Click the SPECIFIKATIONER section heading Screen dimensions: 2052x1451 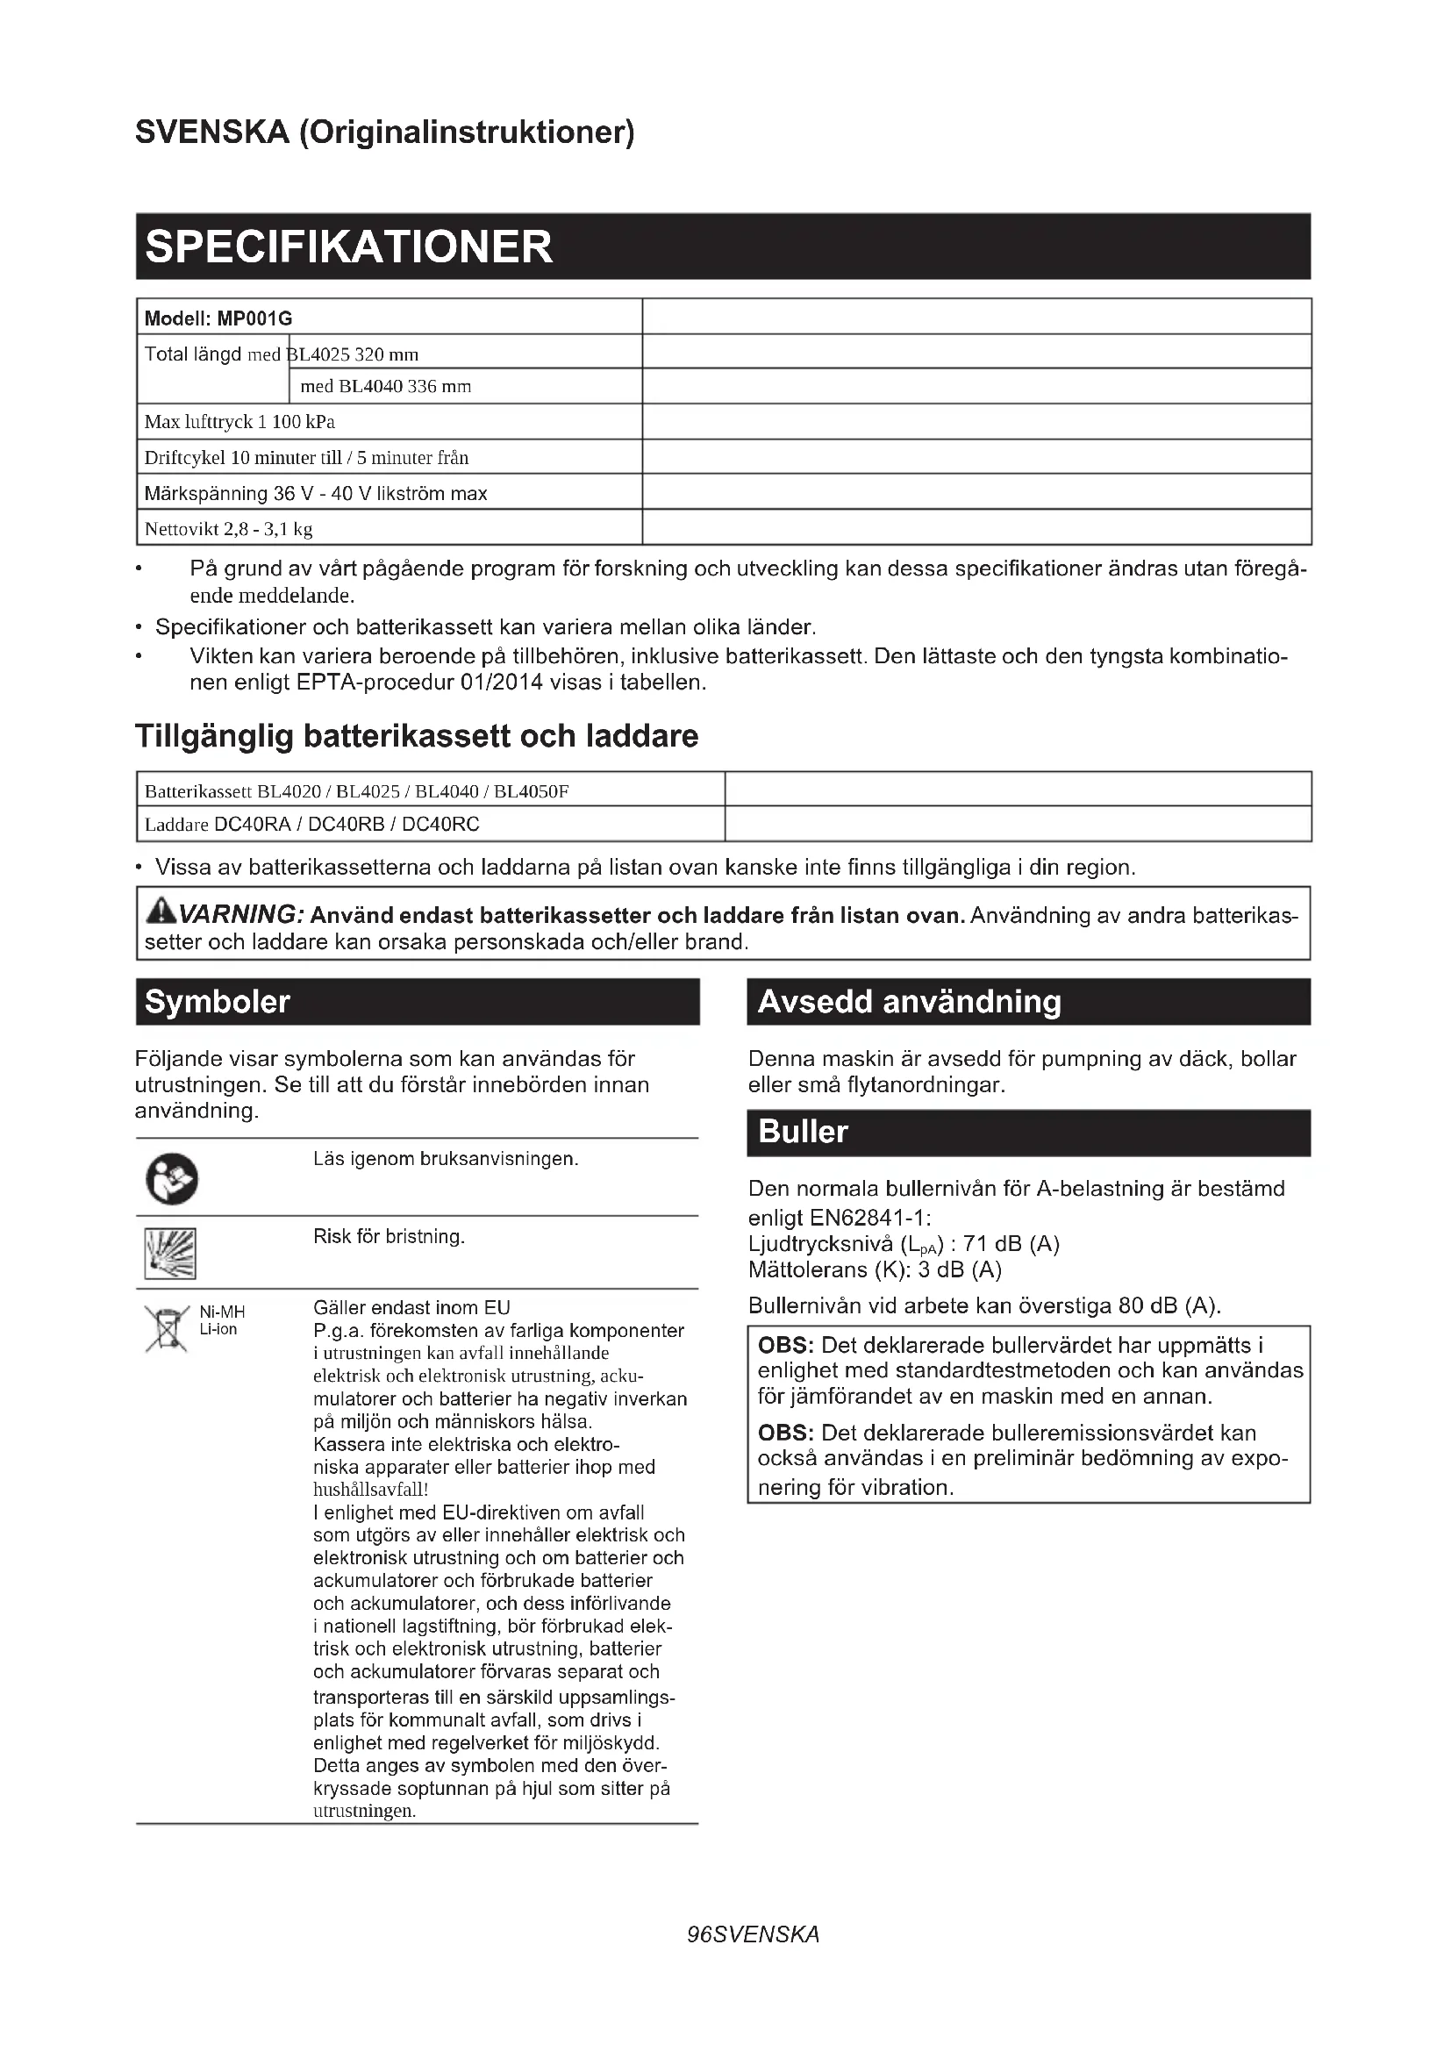coord(348,247)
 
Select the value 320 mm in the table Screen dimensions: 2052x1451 coord(387,354)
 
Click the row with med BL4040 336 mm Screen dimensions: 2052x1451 coord(386,387)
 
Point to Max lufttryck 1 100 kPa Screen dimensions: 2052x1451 coord(239,422)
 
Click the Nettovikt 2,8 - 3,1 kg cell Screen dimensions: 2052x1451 coord(229,529)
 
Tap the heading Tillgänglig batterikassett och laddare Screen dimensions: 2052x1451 coord(417,736)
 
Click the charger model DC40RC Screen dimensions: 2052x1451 coord(440,824)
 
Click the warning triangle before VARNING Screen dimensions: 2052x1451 coord(161,912)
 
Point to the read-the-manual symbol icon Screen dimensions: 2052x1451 coord(172,1180)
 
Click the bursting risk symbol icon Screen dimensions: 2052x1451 coord(170,1253)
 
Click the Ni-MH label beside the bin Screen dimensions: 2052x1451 coord(222,1312)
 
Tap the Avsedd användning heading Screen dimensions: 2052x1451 coord(909,1002)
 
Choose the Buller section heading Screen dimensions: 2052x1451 coord(803,1133)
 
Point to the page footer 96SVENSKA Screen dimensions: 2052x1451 coord(753,1935)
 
